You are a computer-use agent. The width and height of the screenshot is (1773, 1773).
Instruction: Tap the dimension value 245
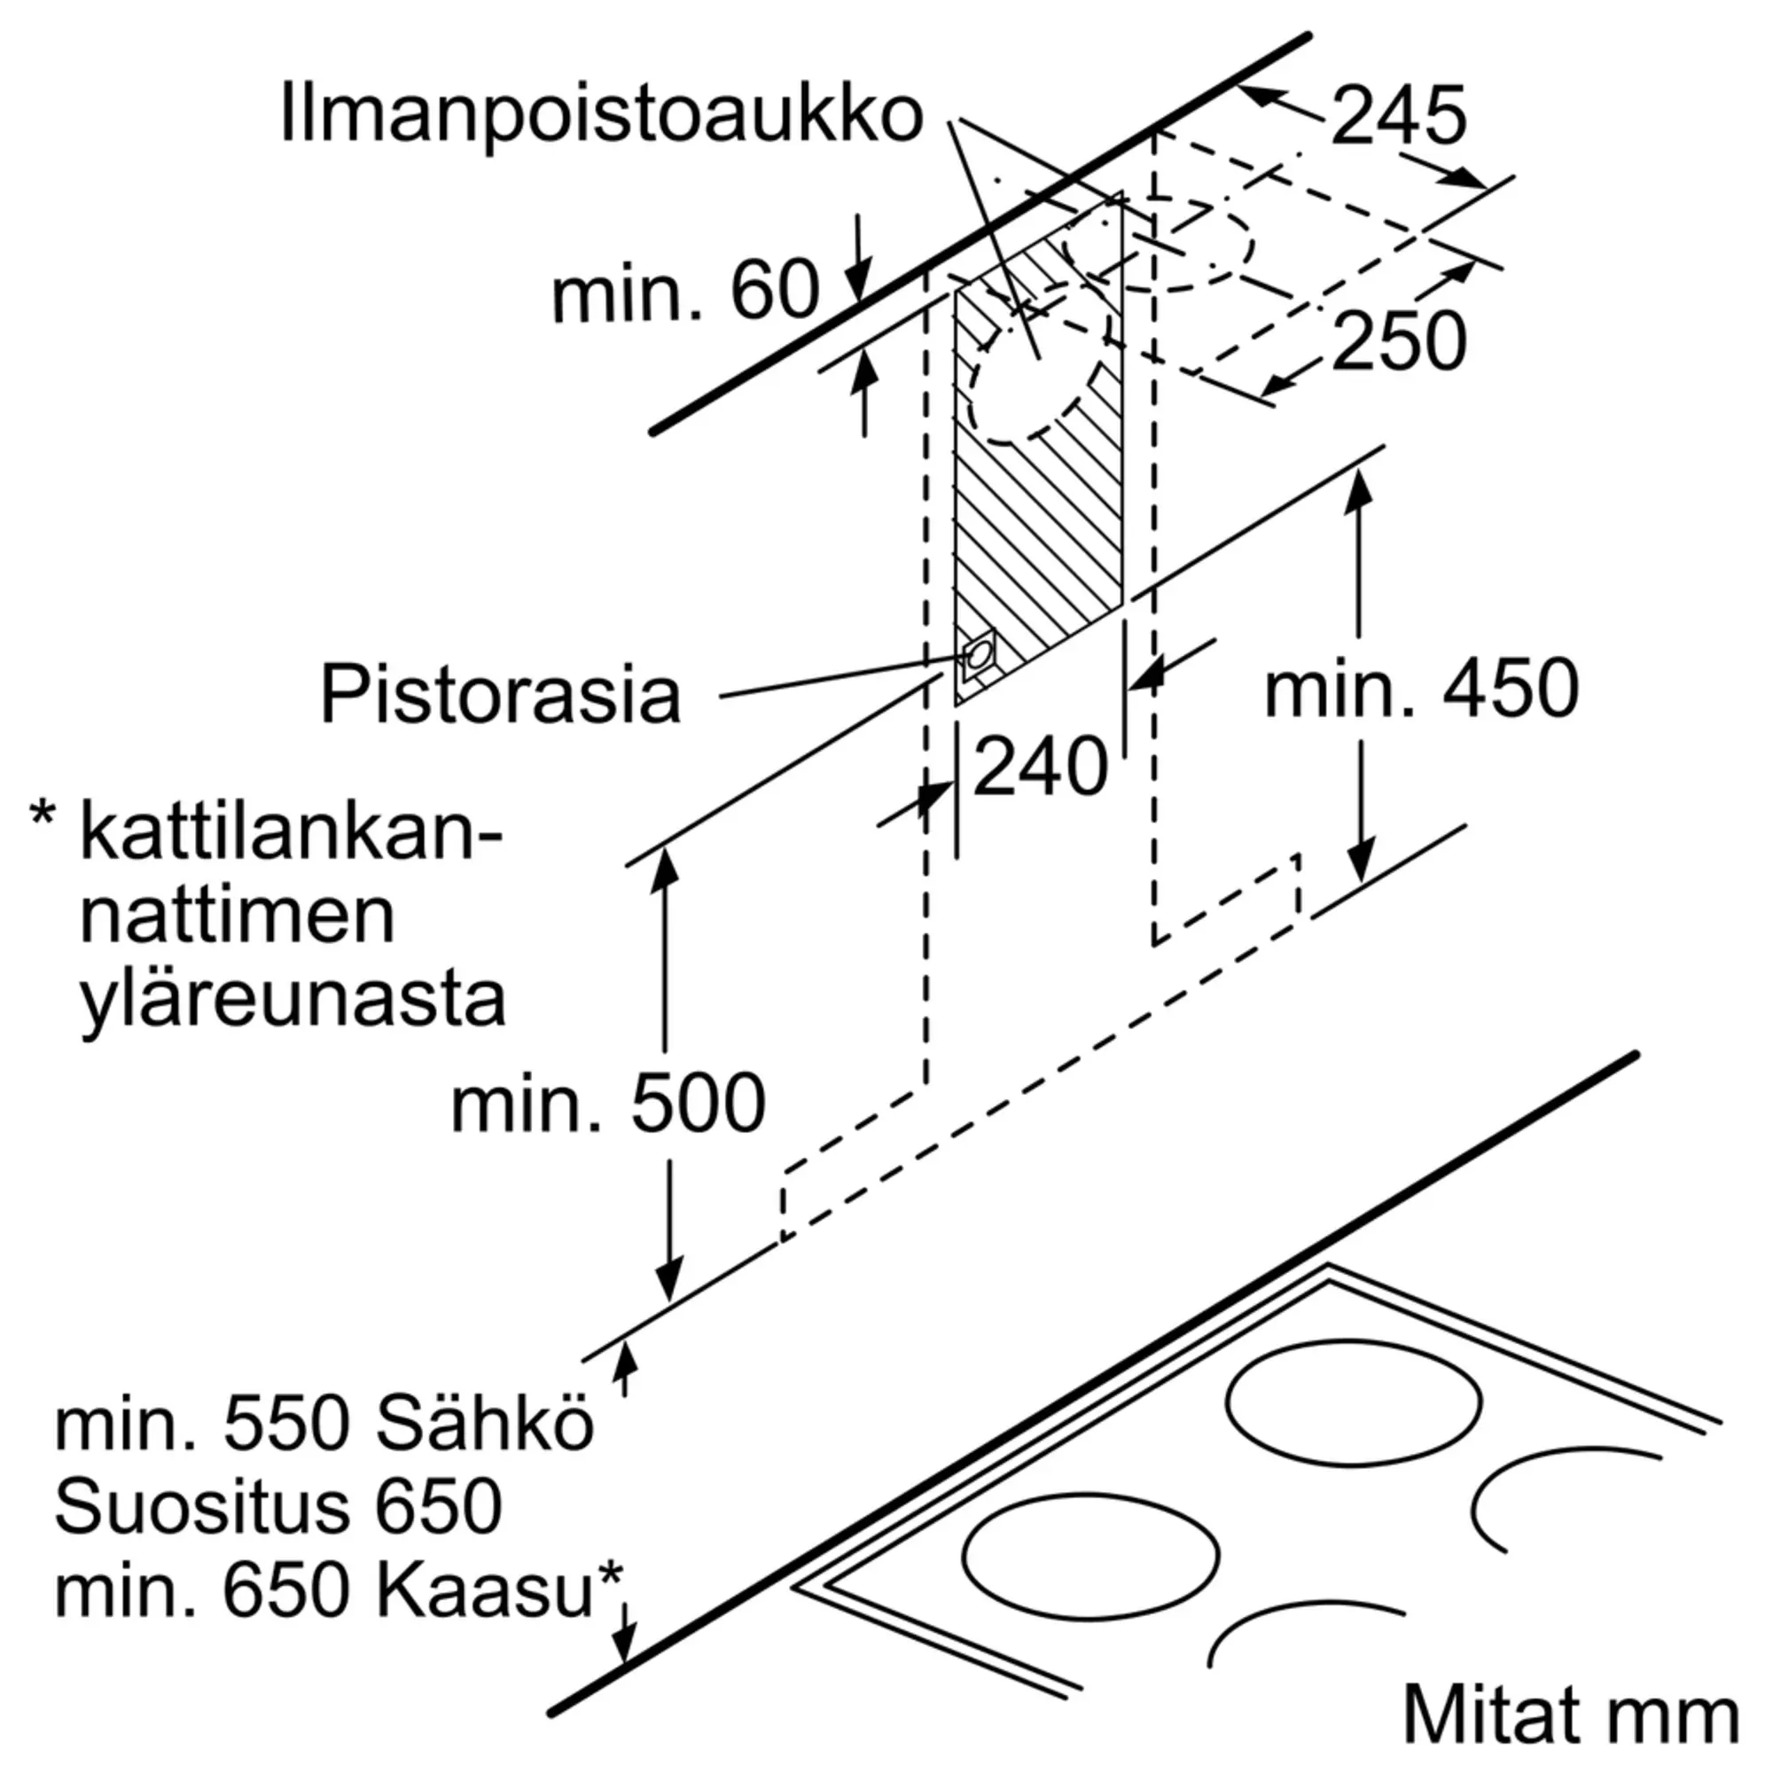click(1398, 116)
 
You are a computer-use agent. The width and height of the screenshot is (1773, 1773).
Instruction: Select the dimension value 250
click(1399, 341)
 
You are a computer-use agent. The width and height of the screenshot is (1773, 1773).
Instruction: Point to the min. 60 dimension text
click(684, 292)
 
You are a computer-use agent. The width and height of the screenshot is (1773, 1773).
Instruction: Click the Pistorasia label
click(500, 695)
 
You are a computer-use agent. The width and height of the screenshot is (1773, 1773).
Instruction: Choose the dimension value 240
click(1040, 767)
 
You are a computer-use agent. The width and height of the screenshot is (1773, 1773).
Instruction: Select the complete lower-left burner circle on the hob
click(1091, 1558)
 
